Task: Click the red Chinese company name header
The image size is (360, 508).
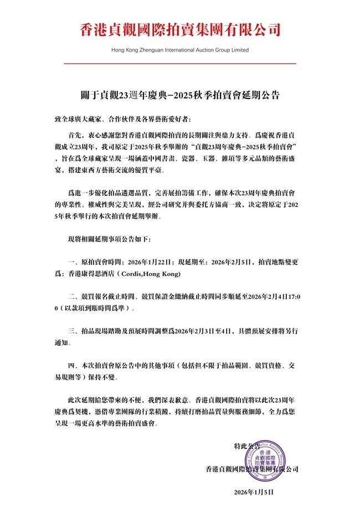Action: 180,29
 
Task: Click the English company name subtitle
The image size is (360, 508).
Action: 180,50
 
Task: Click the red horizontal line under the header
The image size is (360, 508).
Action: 180,64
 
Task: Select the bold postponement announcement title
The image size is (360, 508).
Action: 180,95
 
